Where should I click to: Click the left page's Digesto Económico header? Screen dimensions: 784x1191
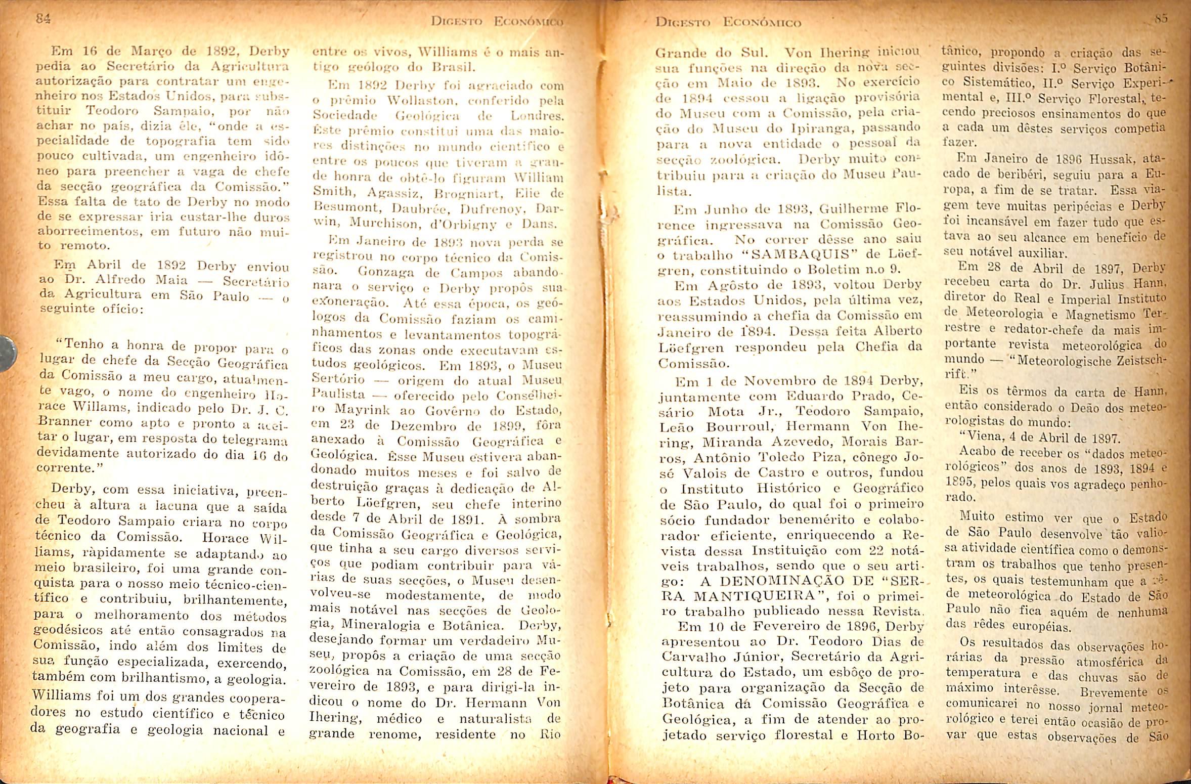(490, 22)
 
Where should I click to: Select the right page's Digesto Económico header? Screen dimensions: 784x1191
(728, 23)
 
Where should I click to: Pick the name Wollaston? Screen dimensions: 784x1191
(386, 102)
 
